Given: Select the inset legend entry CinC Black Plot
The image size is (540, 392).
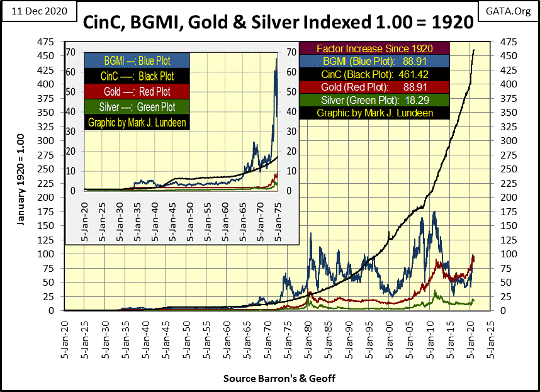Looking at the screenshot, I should [137, 76].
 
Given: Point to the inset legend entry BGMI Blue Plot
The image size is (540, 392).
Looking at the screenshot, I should [137, 60].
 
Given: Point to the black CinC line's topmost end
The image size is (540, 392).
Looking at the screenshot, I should [474, 50].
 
